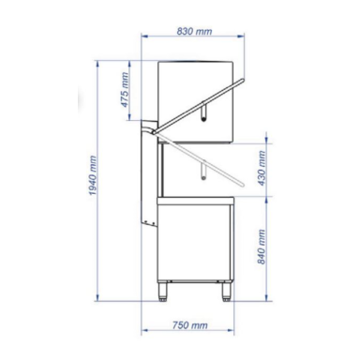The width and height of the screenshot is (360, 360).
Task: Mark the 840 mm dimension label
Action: (x=263, y=249)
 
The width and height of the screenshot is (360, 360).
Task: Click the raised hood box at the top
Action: (x=195, y=94)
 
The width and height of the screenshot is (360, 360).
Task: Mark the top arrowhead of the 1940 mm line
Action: (x=101, y=61)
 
